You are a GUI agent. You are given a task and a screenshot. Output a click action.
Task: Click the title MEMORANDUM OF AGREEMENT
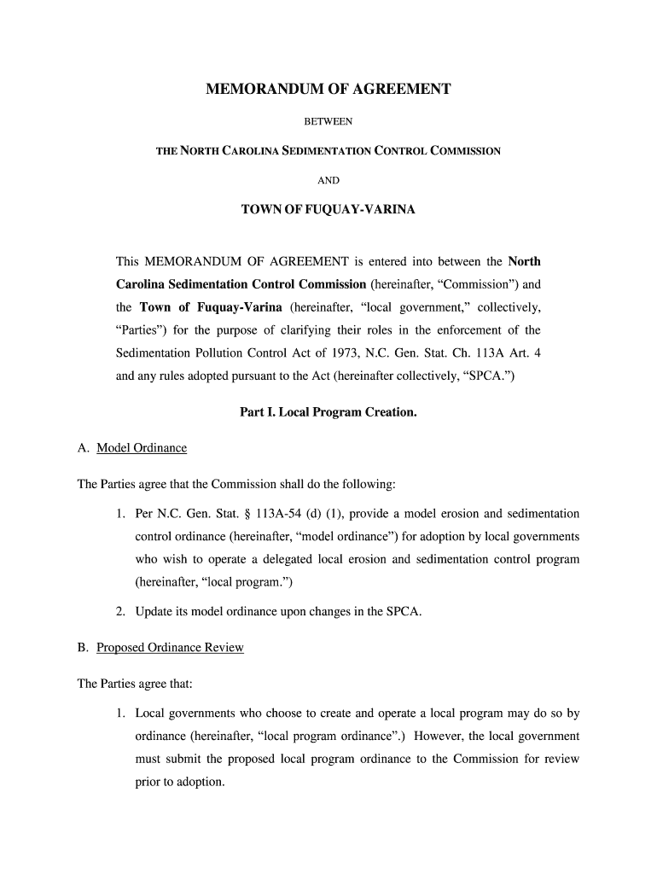(x=328, y=89)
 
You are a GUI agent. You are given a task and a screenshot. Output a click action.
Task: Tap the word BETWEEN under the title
(x=328, y=121)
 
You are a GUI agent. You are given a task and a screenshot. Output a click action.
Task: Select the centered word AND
(x=328, y=180)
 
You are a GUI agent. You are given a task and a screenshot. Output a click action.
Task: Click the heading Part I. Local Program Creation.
(x=328, y=412)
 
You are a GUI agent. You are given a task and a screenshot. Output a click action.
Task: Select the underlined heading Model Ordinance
(x=142, y=448)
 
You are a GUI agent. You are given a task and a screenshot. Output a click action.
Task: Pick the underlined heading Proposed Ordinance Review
(x=170, y=648)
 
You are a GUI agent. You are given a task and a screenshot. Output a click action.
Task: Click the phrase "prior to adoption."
(x=179, y=782)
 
